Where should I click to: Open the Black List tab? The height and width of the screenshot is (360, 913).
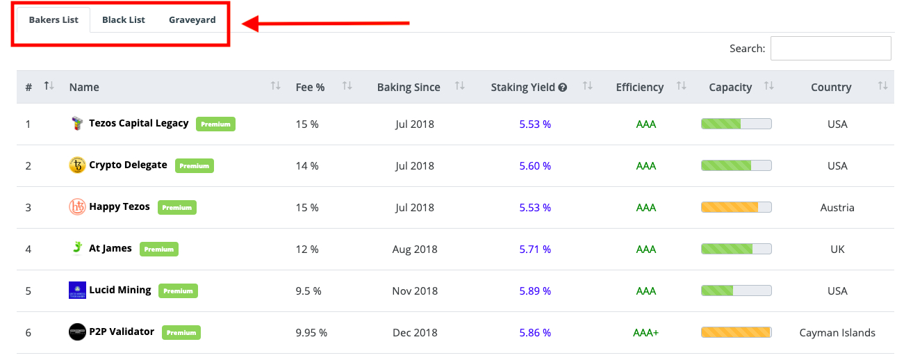point(124,19)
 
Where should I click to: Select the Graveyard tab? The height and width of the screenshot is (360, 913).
point(192,19)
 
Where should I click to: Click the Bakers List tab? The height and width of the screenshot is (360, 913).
point(54,19)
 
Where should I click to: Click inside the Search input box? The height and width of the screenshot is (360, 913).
point(830,49)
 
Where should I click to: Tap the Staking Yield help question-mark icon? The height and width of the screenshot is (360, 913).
point(563,88)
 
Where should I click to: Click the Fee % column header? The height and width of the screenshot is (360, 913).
point(310,87)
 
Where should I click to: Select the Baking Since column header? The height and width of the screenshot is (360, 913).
point(409,87)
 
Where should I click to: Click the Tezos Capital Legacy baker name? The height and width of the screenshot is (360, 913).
point(139,123)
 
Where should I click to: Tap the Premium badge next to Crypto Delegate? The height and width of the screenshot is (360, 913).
point(194,166)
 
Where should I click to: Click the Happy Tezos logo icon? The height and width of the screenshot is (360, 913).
point(77,207)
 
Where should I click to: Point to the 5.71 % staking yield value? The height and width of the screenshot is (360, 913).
point(535,249)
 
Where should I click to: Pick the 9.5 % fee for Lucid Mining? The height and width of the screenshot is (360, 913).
point(308,291)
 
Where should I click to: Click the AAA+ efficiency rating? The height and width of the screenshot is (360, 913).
point(645,332)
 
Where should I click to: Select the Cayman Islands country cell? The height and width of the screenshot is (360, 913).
point(837,332)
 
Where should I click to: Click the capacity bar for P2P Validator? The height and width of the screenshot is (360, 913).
point(736,332)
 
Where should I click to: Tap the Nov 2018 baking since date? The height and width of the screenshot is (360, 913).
point(416,291)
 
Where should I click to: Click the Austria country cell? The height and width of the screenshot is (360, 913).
point(837,207)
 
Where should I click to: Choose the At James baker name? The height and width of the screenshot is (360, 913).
point(110,248)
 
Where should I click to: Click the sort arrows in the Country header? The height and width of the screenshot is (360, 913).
point(882,86)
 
